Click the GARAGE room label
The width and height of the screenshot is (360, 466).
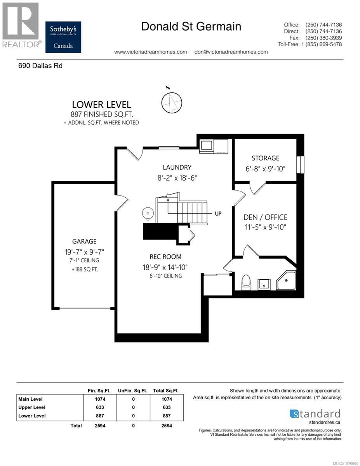point(84,241)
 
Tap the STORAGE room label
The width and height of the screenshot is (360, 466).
point(265,158)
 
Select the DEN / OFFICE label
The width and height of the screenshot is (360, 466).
point(265,217)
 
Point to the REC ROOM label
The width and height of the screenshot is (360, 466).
point(165,257)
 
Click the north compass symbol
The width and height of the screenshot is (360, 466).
point(172,102)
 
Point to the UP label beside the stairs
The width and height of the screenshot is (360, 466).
point(218,213)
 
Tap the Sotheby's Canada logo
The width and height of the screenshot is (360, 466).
point(63,37)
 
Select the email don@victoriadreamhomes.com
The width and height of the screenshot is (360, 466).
point(231,52)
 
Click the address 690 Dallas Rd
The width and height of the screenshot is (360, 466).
point(40,66)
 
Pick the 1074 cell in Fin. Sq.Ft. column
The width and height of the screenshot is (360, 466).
point(100,399)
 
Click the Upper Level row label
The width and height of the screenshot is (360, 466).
point(32,407)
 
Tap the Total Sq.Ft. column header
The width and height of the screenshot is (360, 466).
point(165,390)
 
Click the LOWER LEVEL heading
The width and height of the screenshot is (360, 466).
point(101,104)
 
